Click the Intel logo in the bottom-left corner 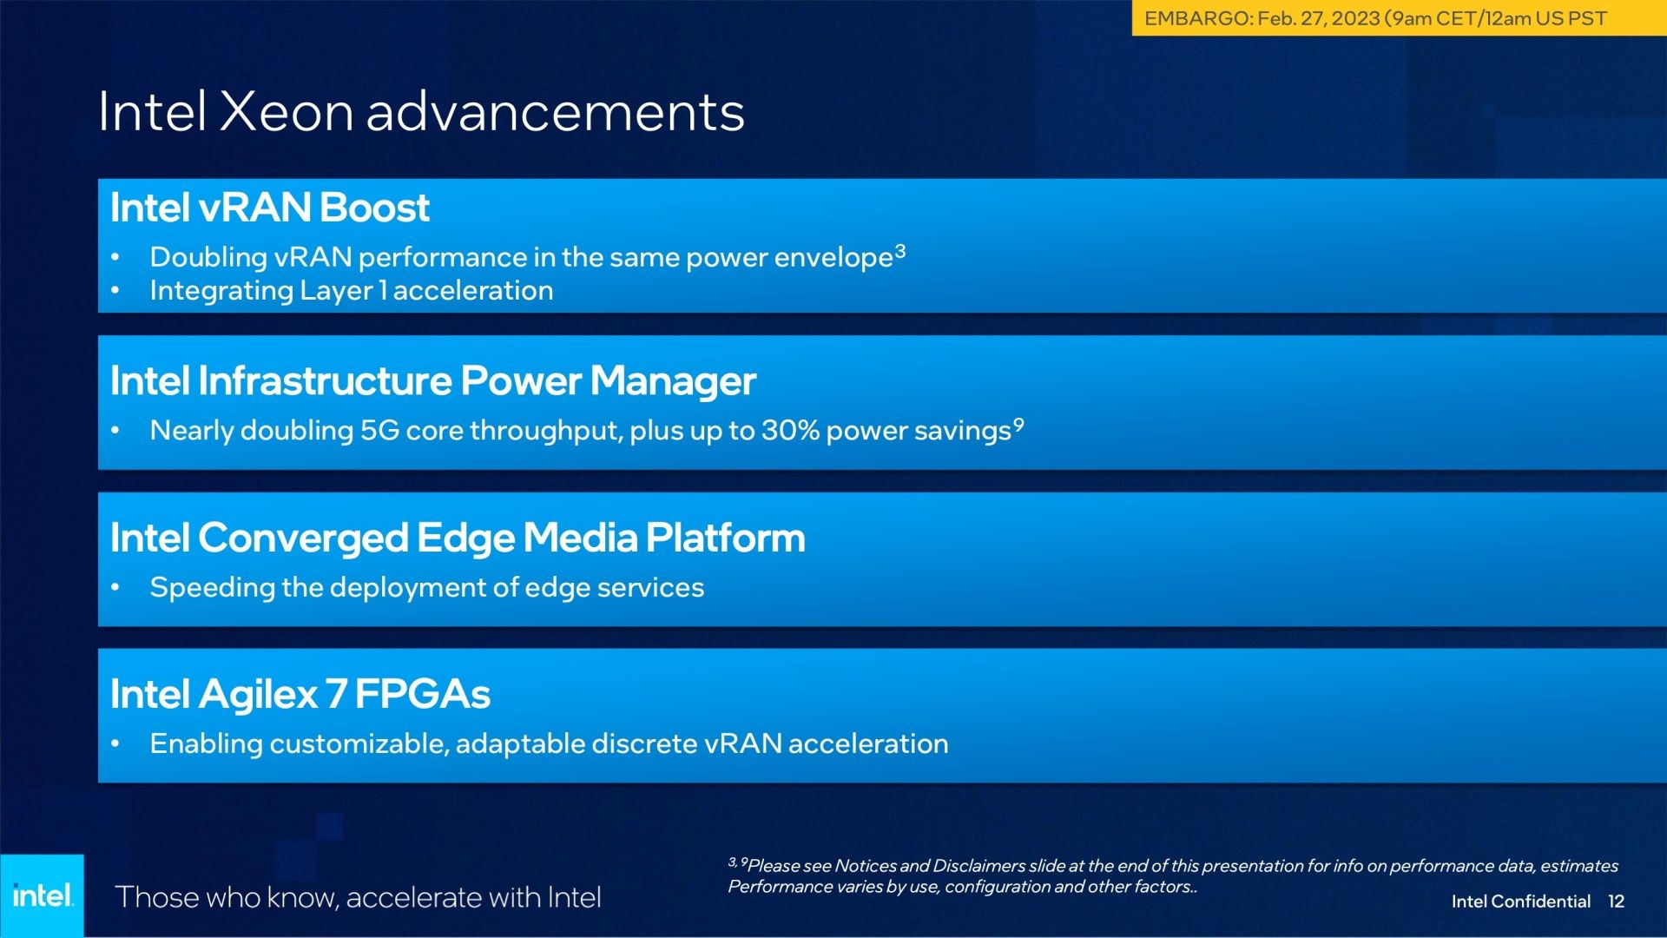point(43,895)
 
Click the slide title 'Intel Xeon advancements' point(421,112)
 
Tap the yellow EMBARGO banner point(1399,18)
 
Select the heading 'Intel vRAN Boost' point(270,208)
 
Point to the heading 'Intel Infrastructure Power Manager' point(433,381)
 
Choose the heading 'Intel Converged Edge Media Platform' point(458,538)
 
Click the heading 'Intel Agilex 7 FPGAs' point(300,694)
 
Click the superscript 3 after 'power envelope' point(900,251)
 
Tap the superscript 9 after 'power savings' point(1018,425)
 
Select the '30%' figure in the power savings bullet point(790,431)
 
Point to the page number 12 point(1616,902)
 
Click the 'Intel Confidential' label point(1521,902)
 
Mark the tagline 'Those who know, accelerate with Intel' point(358,897)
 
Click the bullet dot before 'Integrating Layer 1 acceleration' point(115,291)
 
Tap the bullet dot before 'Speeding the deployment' point(115,588)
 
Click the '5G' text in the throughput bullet point(379,431)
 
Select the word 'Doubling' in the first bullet point(208,258)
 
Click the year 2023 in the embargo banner point(1355,18)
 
